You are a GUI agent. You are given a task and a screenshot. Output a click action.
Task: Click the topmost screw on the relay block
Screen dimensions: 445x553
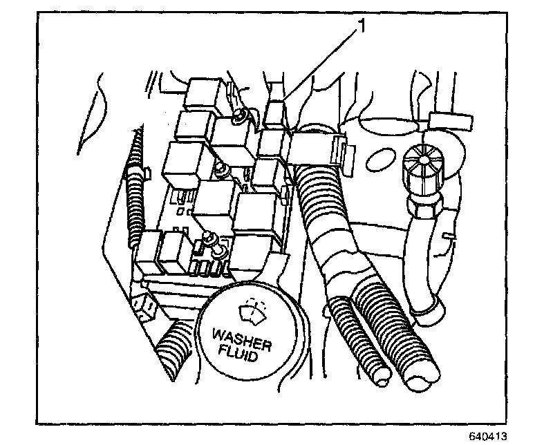point(238,115)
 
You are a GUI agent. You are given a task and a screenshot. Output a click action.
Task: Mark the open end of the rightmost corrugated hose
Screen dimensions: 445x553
point(418,379)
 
